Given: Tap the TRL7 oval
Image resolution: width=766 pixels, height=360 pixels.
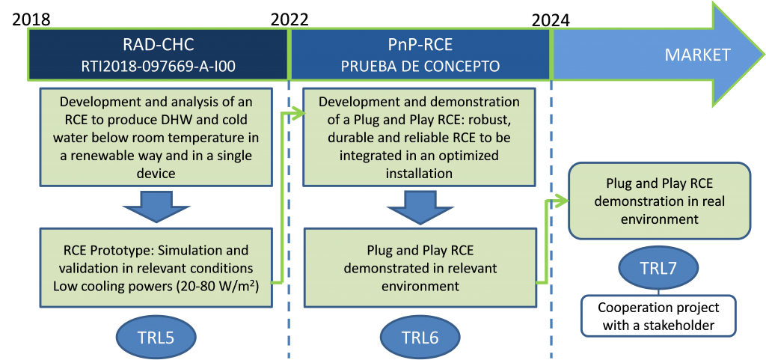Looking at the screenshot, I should coord(659,268).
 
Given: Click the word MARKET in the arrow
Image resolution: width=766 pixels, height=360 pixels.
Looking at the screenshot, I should coord(697,55).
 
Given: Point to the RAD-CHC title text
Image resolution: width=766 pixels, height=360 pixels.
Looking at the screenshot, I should coord(157,45).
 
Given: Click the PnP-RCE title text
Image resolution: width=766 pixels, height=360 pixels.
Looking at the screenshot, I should coord(420,45).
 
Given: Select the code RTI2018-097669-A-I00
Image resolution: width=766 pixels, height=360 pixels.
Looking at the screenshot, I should coord(157,66).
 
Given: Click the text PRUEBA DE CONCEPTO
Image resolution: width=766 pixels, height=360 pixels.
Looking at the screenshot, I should coord(420,66).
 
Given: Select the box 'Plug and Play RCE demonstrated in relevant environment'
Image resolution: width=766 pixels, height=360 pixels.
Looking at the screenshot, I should coord(420,267).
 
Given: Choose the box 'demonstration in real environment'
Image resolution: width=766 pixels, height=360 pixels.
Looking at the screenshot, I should coord(659,201).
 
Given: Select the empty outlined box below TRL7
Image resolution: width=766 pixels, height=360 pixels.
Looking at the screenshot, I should coord(659,317).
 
